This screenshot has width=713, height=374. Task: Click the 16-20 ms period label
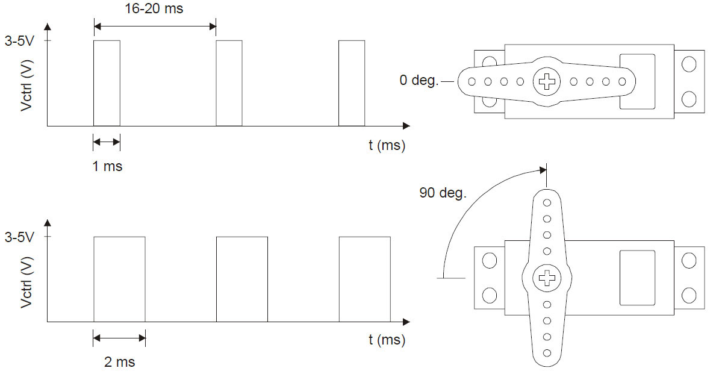pos(155,10)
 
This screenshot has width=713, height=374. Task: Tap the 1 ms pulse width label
pos(107,166)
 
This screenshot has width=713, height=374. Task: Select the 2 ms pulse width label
pos(120,362)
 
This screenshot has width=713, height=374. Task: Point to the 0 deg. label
pos(419,80)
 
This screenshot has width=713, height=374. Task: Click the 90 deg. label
pos(443,193)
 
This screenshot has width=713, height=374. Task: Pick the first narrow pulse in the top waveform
pos(107,83)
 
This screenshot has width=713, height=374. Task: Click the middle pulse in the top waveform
pos(229,83)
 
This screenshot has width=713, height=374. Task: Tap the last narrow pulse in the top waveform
pos(352,83)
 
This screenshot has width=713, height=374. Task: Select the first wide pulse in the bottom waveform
pos(119,279)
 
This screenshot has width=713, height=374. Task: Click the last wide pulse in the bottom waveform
pos(364,279)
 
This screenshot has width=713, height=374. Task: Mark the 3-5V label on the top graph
pos(19,41)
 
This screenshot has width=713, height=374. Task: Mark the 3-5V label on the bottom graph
pos(19,237)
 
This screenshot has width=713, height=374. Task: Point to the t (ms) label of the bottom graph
pos(387,340)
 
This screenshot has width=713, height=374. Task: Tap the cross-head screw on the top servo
pos(547,81)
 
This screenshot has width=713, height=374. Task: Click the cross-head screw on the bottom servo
pos(547,278)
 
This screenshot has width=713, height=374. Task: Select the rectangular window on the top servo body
pos(637,81)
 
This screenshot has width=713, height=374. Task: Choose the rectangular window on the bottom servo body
pos(637,277)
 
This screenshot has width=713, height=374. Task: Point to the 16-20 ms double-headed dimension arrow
pos(155,26)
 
